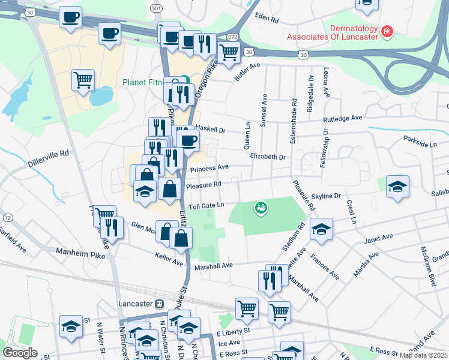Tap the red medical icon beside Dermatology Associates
[388, 31]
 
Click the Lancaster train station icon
[159, 304]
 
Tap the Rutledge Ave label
[343, 119]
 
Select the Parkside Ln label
[421, 145]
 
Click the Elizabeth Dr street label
[268, 156]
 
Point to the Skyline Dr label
[326, 196]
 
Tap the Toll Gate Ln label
[206, 206]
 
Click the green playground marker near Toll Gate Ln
[261, 208]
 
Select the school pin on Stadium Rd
[321, 229]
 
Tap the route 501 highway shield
[155, 8]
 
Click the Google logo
[20, 353]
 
